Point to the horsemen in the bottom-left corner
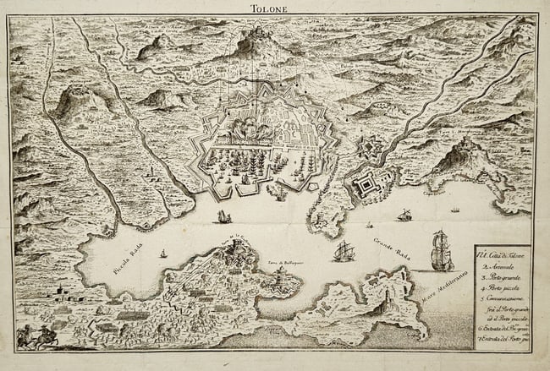pos(39,336)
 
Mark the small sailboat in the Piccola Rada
pos(163,253)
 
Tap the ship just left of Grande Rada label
pos(344,251)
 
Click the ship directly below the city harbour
pos(223,217)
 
